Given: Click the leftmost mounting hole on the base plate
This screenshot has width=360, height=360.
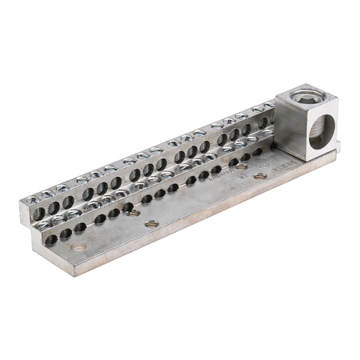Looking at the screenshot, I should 78,247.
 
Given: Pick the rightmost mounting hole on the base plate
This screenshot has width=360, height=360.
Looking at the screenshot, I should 260,174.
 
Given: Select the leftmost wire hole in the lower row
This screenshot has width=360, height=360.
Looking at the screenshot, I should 50,239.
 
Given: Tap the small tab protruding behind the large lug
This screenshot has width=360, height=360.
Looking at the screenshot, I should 337,145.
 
